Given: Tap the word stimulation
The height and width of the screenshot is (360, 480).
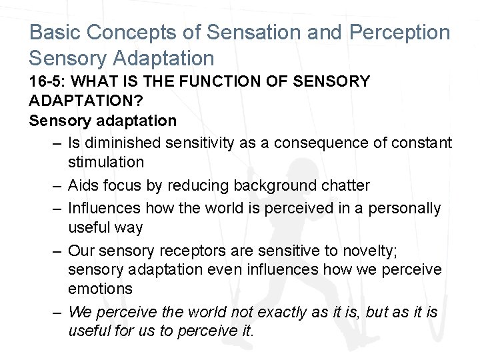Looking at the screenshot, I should click(105, 162).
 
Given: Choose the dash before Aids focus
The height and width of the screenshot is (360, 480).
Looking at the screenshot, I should click(57, 185).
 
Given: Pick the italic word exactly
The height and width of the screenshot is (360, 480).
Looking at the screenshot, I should click(266, 311).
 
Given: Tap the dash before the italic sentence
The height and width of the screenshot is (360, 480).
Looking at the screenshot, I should click(57, 311).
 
